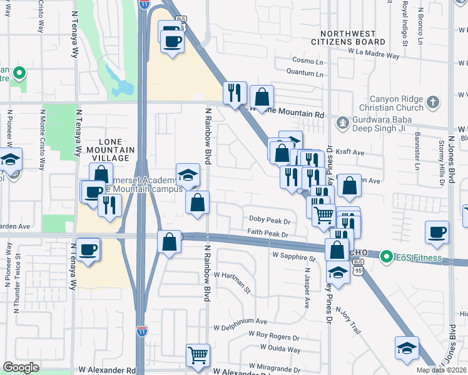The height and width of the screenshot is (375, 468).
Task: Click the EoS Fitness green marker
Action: [x=387, y=256]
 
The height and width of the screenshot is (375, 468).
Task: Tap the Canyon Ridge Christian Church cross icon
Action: [x=432, y=102]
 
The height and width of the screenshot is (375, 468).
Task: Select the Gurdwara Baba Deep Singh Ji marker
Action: [x=342, y=122]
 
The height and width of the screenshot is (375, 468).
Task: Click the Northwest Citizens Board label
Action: [x=352, y=37]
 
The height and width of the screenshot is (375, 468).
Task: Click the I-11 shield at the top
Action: [x=145, y=4]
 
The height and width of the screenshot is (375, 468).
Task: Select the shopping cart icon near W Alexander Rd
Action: [x=198, y=354]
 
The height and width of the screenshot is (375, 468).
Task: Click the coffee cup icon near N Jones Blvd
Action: [x=437, y=232]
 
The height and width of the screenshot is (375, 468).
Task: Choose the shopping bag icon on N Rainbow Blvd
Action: [x=197, y=202]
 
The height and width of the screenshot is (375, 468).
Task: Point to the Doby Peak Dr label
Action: [x=270, y=221]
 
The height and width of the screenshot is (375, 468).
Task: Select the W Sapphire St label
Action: [x=294, y=256]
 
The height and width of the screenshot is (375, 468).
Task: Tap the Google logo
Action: [x=21, y=367]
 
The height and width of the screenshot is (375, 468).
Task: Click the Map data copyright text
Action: [x=442, y=370]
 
